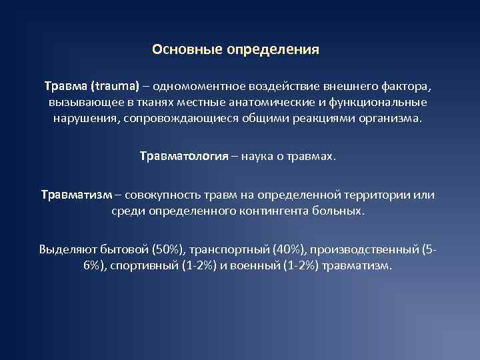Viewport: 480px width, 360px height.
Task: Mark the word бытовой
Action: coord(125,249)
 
